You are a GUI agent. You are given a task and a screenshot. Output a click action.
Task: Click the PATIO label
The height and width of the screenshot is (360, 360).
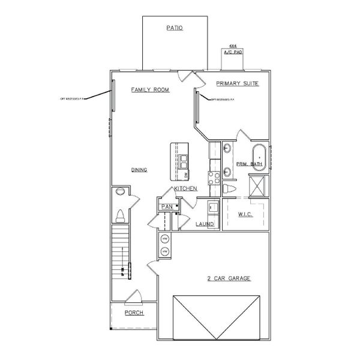(174, 28)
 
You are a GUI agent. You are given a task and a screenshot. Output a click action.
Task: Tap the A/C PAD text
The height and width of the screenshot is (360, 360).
(233, 52)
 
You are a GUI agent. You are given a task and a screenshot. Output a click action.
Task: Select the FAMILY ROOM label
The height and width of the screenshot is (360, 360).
(150, 90)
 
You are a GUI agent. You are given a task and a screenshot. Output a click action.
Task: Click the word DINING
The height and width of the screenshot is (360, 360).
(139, 170)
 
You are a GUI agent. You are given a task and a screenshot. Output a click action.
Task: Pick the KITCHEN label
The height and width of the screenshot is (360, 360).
(185, 189)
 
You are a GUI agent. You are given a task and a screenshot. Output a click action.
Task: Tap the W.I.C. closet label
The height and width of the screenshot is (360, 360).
(245, 214)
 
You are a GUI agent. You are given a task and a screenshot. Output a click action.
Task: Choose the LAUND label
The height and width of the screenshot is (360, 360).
(205, 224)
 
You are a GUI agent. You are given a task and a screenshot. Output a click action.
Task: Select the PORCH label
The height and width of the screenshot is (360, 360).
(134, 313)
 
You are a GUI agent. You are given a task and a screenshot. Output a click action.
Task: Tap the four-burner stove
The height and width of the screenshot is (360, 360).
(213, 177)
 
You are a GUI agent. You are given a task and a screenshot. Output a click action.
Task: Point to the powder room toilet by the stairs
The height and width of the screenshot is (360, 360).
(120, 215)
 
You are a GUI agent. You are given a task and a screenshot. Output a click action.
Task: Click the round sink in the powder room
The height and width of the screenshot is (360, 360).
(119, 192)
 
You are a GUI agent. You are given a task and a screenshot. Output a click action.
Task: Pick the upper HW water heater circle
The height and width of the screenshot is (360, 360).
(165, 239)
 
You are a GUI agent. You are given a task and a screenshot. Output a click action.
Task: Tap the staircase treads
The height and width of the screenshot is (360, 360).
(121, 252)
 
